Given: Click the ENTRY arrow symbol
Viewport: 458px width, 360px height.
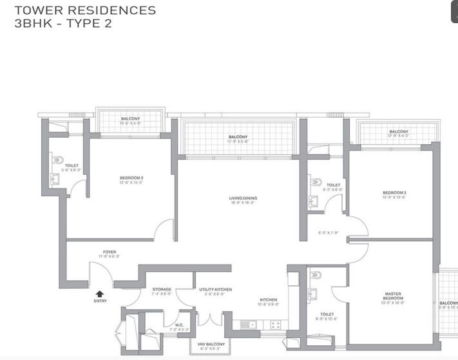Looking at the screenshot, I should (100, 294).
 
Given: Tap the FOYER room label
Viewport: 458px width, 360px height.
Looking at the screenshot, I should (110, 252).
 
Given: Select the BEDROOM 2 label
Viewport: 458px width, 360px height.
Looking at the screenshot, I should (131, 178).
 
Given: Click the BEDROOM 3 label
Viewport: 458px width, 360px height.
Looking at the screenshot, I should (394, 193).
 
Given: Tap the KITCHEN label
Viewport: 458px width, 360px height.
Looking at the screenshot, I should (269, 300).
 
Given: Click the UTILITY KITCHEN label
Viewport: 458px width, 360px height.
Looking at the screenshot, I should (215, 290).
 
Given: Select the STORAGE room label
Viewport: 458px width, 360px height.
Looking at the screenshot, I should (162, 290).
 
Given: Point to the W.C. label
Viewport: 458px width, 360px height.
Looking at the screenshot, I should (178, 325).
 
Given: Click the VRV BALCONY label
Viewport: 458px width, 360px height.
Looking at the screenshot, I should (210, 345).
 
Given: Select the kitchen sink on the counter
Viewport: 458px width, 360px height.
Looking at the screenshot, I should (247, 325).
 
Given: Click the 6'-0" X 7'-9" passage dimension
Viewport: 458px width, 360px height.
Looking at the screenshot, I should (329, 233).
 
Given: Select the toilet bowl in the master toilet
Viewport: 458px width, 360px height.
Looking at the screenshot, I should (316, 276).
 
